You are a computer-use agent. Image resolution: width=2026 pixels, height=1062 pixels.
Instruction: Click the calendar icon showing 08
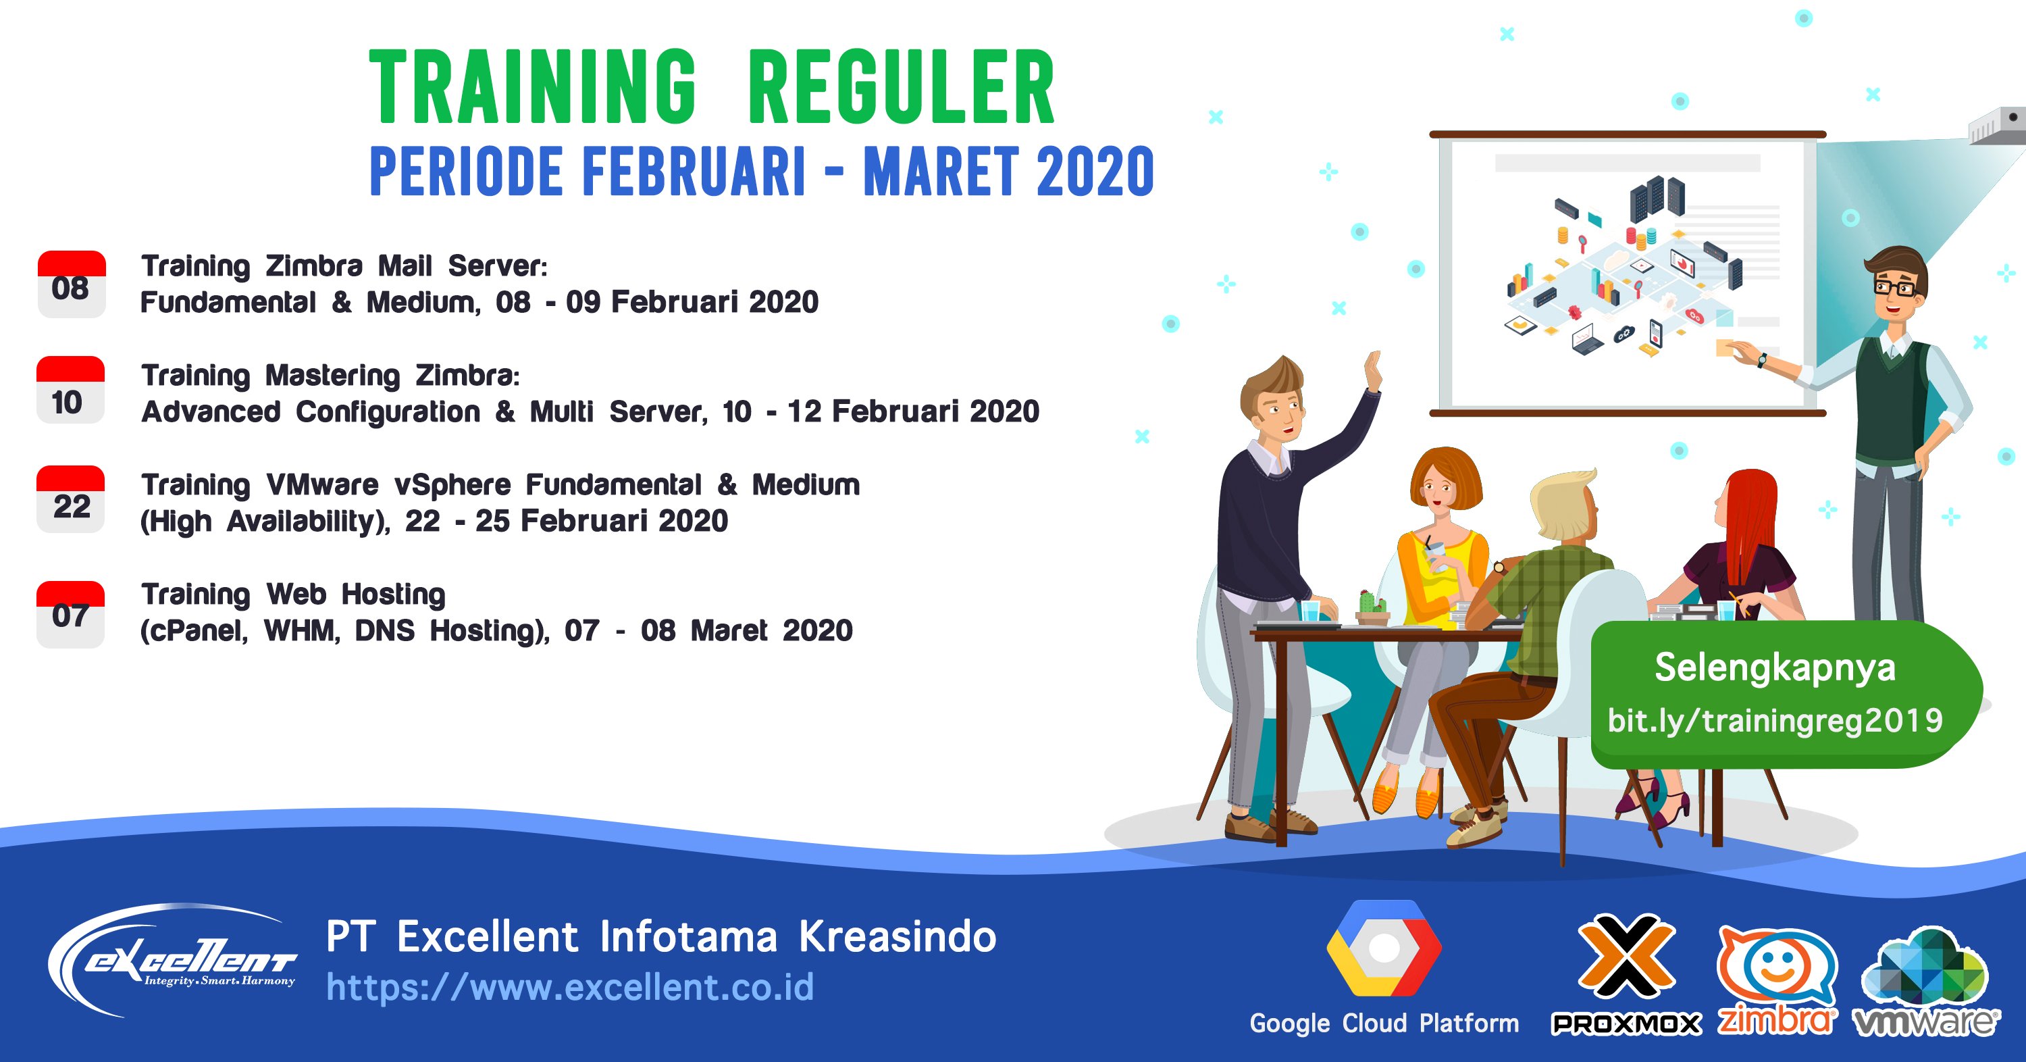pyautogui.click(x=71, y=285)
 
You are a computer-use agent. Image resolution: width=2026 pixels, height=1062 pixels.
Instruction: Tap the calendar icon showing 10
pyautogui.click(x=70, y=391)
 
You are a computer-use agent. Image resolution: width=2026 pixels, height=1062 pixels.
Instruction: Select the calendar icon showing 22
pyautogui.click(x=70, y=501)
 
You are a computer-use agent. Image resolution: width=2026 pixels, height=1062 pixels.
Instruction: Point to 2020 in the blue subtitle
pyautogui.click(x=1095, y=172)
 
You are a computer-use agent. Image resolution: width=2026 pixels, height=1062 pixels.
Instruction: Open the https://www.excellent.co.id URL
pyautogui.click(x=570, y=987)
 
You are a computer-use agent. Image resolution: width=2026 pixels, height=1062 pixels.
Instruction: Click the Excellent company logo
pyautogui.click(x=173, y=960)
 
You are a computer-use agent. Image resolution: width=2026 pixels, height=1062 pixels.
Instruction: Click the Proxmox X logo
pyautogui.click(x=1626, y=956)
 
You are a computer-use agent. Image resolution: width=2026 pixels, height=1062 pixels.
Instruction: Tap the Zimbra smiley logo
pyautogui.click(x=1777, y=967)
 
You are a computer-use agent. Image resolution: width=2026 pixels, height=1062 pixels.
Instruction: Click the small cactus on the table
pyautogui.click(x=1372, y=604)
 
